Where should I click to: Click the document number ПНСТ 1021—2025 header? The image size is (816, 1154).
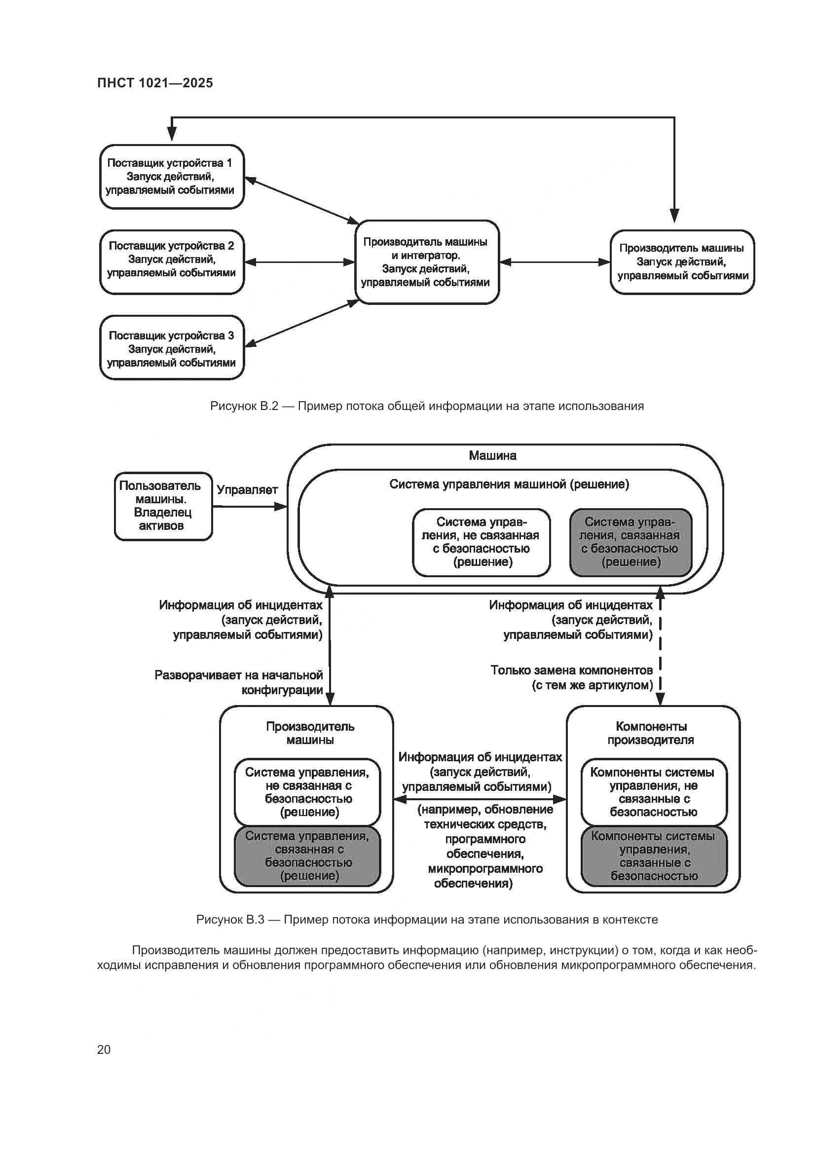[x=155, y=83]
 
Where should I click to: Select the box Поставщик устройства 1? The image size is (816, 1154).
[x=172, y=177]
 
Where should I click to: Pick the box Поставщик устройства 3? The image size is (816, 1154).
[x=172, y=348]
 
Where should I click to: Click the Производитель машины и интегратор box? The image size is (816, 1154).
[x=426, y=262]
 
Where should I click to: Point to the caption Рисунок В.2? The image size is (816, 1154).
[x=427, y=406]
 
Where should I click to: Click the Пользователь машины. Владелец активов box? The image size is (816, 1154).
[x=163, y=506]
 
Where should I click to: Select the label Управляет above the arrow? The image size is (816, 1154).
[x=247, y=489]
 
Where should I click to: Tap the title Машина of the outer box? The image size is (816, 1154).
[x=492, y=455]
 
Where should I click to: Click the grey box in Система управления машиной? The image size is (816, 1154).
[x=631, y=542]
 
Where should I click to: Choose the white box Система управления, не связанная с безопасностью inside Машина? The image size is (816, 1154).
[x=482, y=542]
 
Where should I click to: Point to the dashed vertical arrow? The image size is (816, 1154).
[x=660, y=648]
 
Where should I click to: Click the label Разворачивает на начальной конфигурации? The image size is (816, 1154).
[x=239, y=682]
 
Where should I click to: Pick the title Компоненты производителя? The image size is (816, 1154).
[x=651, y=733]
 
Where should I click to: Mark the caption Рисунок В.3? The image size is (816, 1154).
[x=427, y=919]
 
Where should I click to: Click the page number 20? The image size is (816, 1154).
[x=104, y=1049]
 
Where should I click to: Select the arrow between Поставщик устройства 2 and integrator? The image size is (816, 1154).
[x=300, y=262]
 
